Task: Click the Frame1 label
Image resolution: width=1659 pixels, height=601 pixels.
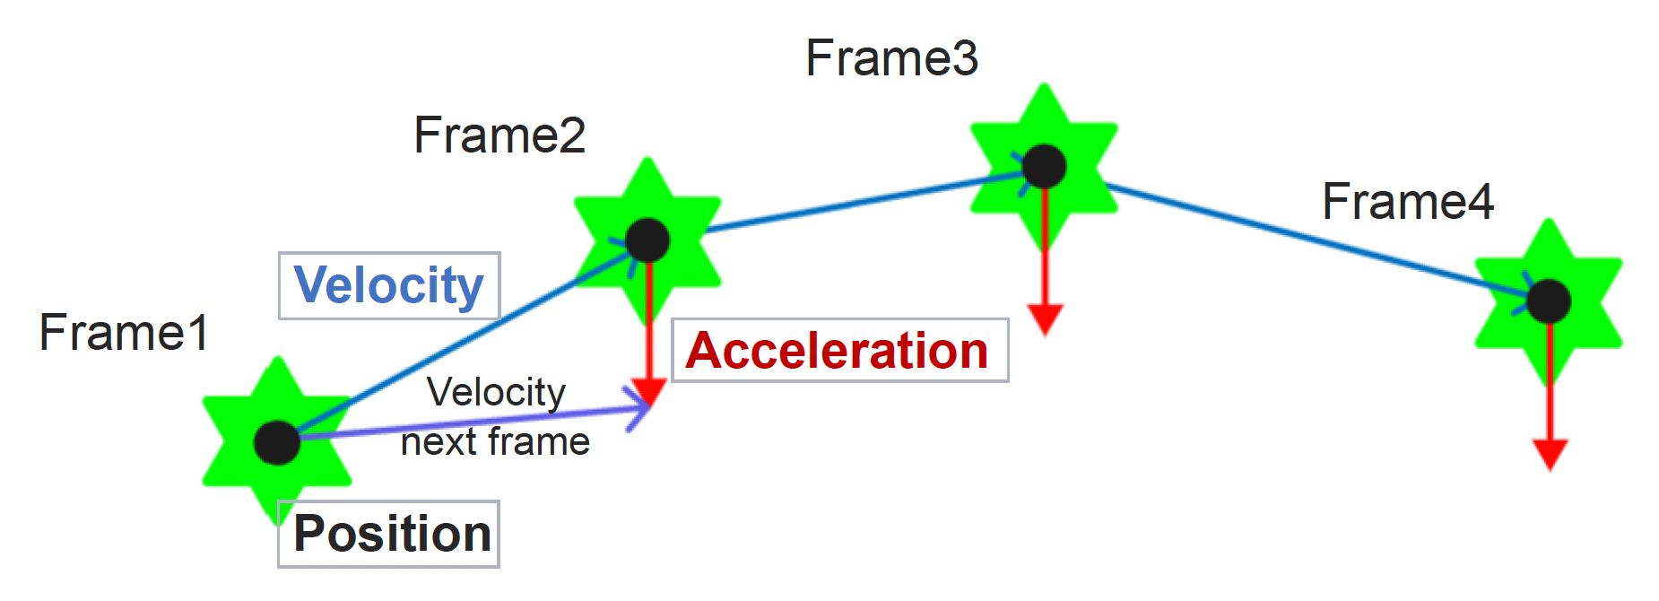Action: tap(124, 333)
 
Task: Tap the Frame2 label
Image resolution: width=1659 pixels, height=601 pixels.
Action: tap(499, 136)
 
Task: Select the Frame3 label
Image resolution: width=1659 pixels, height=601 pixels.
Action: tap(891, 58)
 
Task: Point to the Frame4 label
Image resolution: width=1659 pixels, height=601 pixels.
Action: tap(1407, 202)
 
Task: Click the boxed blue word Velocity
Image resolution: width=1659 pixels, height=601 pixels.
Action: tap(389, 286)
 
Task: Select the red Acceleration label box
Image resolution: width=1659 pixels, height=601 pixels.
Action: tap(839, 350)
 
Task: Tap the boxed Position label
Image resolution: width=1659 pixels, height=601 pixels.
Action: tap(389, 534)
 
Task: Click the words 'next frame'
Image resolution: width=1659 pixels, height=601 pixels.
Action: tap(495, 442)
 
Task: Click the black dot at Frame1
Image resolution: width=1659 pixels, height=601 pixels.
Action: tap(277, 442)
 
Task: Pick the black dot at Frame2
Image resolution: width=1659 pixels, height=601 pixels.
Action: tap(647, 240)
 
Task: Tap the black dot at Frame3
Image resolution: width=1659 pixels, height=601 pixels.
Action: tap(1044, 166)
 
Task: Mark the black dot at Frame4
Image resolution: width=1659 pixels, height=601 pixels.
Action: tap(1549, 300)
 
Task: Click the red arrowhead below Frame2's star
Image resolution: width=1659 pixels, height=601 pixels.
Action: tap(648, 392)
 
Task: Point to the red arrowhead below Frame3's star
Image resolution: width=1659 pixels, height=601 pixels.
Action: tap(1045, 318)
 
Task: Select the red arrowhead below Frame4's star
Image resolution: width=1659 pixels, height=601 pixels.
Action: tap(1550, 453)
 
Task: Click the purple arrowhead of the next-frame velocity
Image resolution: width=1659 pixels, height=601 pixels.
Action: tap(642, 411)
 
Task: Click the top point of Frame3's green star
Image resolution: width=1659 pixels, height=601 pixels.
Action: tap(1044, 88)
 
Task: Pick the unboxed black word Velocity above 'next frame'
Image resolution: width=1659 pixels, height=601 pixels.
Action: tap(496, 392)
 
